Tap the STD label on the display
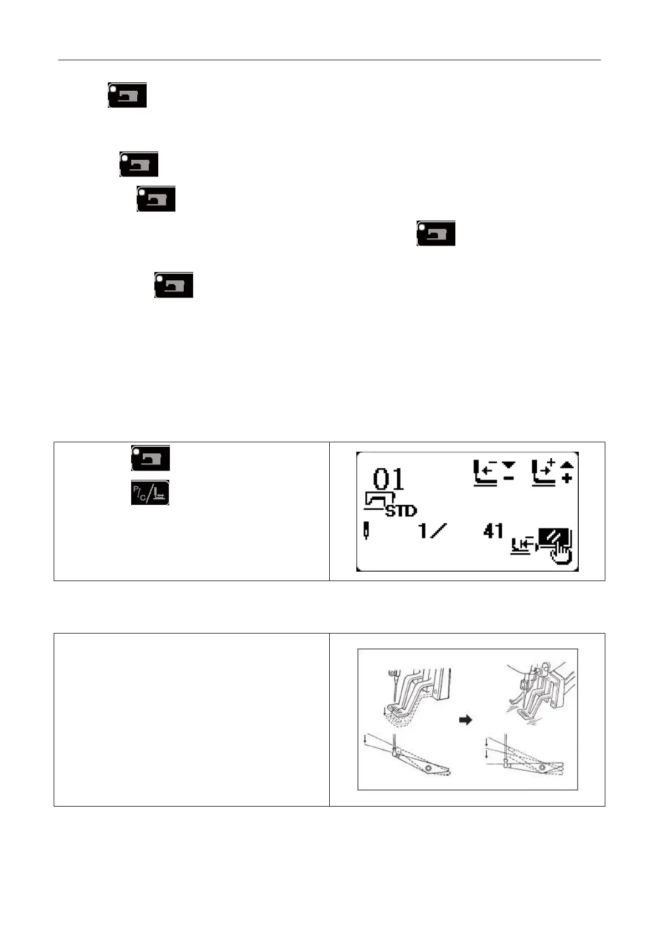click(401, 511)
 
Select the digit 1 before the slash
click(423, 531)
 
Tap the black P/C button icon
click(150, 493)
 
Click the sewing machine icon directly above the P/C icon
click(150, 458)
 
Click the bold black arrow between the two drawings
click(467, 720)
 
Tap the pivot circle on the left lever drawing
click(428, 768)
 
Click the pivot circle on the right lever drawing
click(542, 768)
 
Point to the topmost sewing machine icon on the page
click(127, 95)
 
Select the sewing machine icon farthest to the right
click(436, 233)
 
